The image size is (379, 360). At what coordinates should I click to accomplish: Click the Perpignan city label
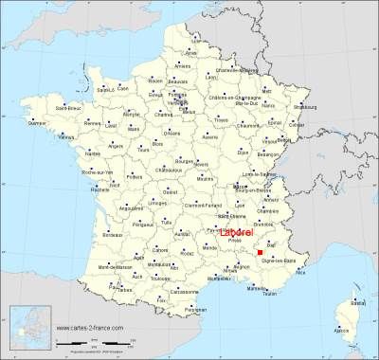point(195,309)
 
